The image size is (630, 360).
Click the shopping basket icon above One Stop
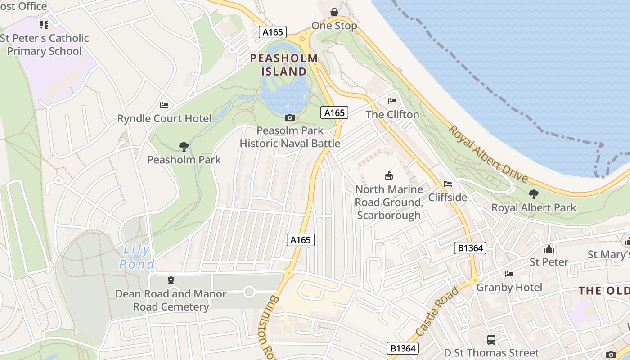coord(334,12)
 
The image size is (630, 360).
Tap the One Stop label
coord(334,26)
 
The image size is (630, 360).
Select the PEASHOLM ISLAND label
coord(284,65)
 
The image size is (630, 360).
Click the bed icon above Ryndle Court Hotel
coord(164,105)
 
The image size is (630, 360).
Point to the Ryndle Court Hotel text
coord(164,119)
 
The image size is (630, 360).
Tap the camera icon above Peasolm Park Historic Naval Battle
coord(290,117)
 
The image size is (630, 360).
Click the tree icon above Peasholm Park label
coord(184,146)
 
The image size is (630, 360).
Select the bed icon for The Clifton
coord(392,101)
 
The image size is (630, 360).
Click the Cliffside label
coord(447,197)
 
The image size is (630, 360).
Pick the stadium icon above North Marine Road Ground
coord(388,175)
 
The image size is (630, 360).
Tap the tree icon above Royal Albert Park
coord(534,194)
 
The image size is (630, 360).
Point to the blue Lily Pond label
coord(137,256)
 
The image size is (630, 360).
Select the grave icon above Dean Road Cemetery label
coord(171,281)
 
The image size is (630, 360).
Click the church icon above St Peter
coord(549,249)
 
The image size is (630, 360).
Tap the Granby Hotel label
coord(509,287)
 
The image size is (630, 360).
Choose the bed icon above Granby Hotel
coord(509,274)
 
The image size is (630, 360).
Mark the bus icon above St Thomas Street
coord(491,340)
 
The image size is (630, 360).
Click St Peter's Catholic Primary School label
coord(44,45)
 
